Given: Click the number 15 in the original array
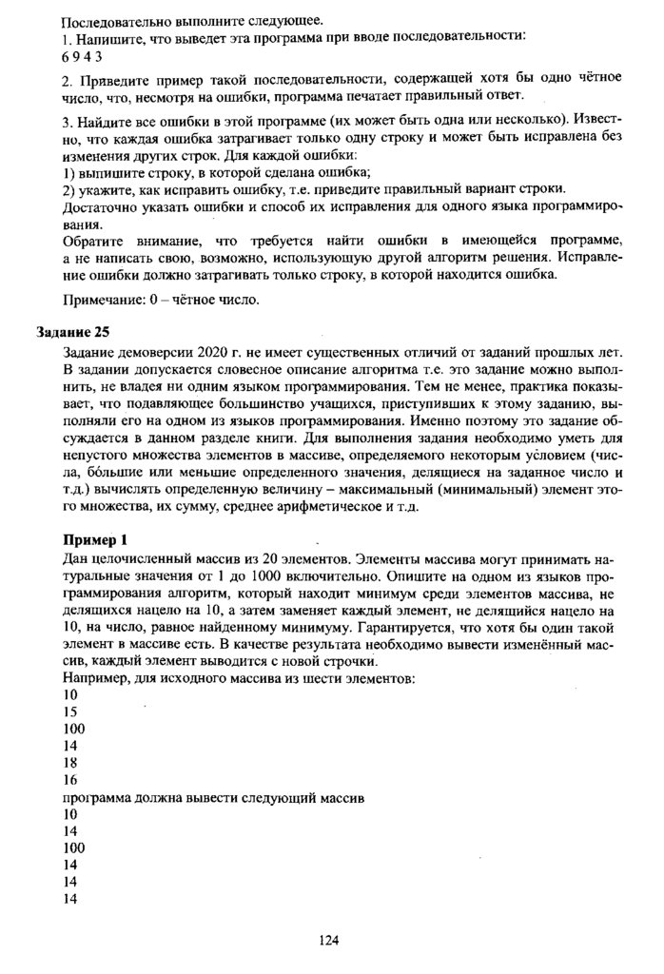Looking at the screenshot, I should tap(68, 711).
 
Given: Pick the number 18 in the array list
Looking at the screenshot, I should tap(68, 764).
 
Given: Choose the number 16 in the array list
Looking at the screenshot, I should tap(68, 779).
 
